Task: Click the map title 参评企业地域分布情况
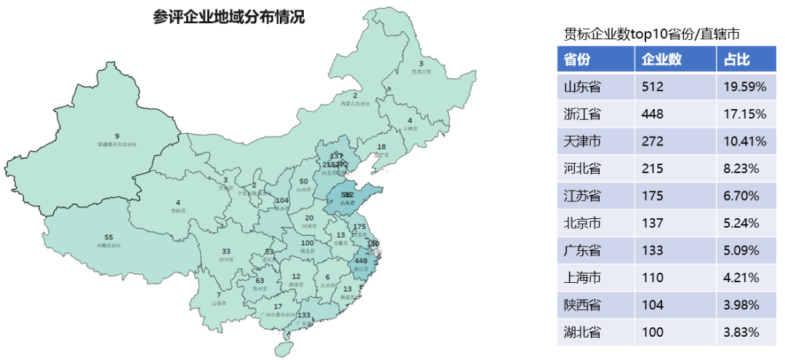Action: coord(228,17)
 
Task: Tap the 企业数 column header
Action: coord(661,60)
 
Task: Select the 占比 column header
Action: coord(737,60)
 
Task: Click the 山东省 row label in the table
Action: coord(582,87)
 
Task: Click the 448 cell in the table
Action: coord(653,114)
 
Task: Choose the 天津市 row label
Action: coord(582,141)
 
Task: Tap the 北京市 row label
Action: coord(582,223)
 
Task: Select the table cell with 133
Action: coord(653,250)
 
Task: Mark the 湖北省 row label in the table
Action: coord(582,332)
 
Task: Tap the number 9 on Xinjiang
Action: coord(116,135)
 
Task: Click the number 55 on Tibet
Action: coord(109,237)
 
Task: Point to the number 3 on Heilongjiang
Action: coord(421,63)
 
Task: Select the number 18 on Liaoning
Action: coord(382,147)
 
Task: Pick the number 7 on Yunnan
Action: coord(218,295)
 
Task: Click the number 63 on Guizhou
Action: coord(259,281)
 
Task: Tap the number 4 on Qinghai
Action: coord(177,202)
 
